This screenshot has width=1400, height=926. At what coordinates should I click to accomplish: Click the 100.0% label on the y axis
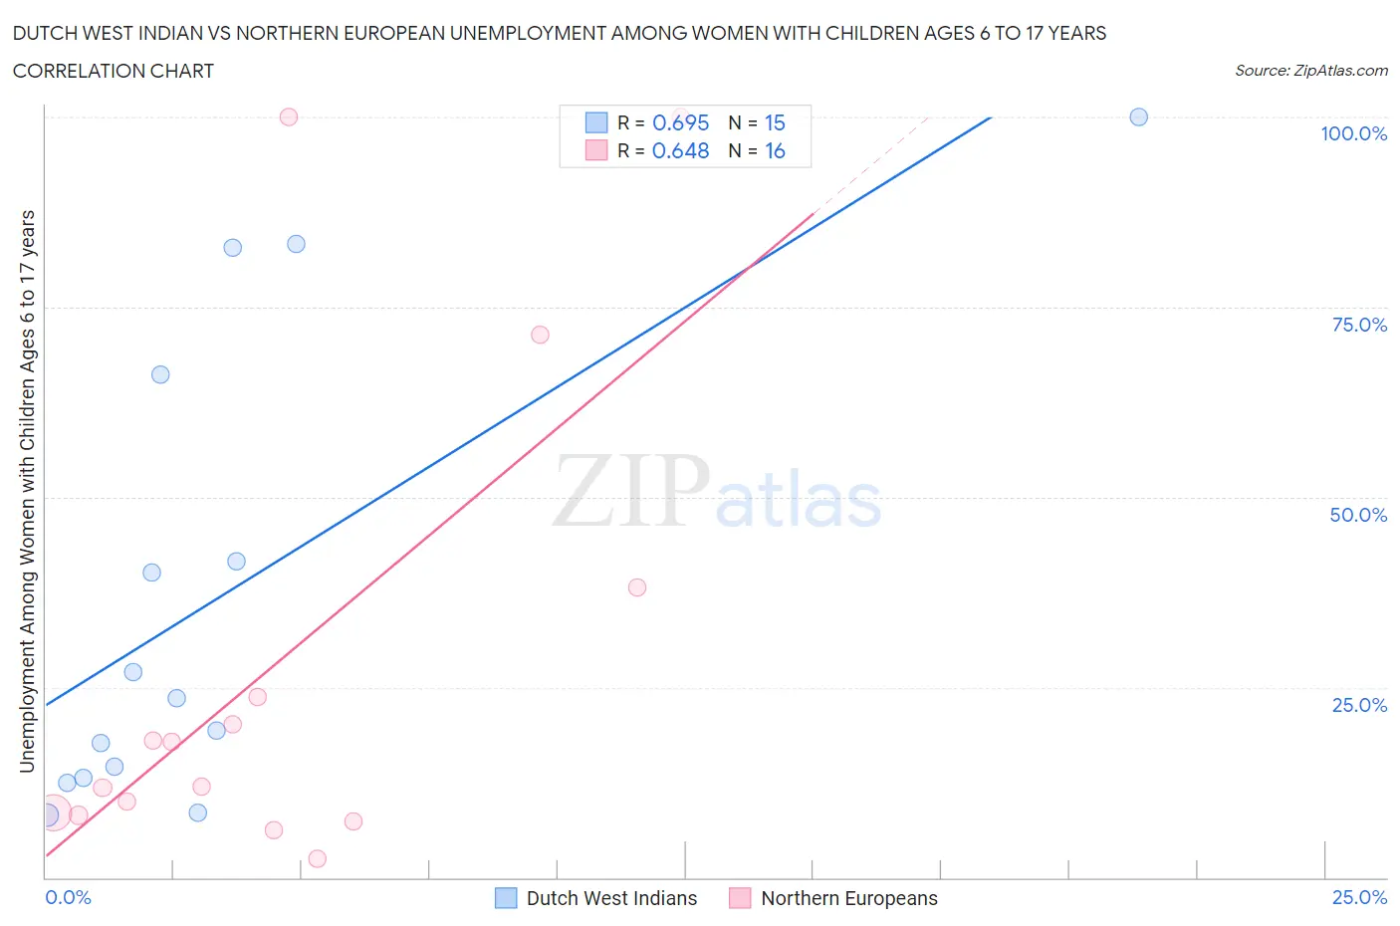click(x=1353, y=133)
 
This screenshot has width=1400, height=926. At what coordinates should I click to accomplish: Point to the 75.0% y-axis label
click(x=1359, y=325)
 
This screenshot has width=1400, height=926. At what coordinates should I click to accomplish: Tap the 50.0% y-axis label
click(x=1358, y=515)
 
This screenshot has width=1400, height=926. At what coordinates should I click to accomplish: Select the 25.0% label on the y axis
click(x=1359, y=705)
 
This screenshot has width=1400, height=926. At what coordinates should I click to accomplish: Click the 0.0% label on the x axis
click(x=68, y=897)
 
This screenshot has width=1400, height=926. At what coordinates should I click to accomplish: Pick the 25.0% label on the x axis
click(x=1359, y=897)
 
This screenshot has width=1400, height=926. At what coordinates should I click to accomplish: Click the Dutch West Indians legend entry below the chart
click(x=610, y=898)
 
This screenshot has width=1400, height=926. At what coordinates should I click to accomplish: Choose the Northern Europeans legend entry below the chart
click(x=848, y=898)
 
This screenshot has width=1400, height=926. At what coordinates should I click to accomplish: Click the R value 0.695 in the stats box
click(x=680, y=122)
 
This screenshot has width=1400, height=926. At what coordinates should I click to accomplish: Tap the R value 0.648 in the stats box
click(x=680, y=150)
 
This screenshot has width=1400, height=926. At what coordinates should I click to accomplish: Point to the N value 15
click(x=775, y=122)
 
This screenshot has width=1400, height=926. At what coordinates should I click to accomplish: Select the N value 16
click(x=775, y=150)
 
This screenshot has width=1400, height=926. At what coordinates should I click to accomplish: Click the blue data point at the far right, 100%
click(x=1138, y=116)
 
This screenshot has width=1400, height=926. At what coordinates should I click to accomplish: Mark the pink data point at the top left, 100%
click(x=289, y=116)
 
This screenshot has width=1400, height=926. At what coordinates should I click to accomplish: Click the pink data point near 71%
click(x=540, y=335)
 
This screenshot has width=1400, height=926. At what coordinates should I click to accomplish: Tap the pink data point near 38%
click(x=637, y=587)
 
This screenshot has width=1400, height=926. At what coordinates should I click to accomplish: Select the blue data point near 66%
click(x=160, y=374)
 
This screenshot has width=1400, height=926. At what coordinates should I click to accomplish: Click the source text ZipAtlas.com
click(x=1310, y=70)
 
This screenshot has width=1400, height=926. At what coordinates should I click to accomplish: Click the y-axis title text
click(x=27, y=491)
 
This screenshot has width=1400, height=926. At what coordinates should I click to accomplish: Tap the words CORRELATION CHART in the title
click(x=114, y=71)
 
